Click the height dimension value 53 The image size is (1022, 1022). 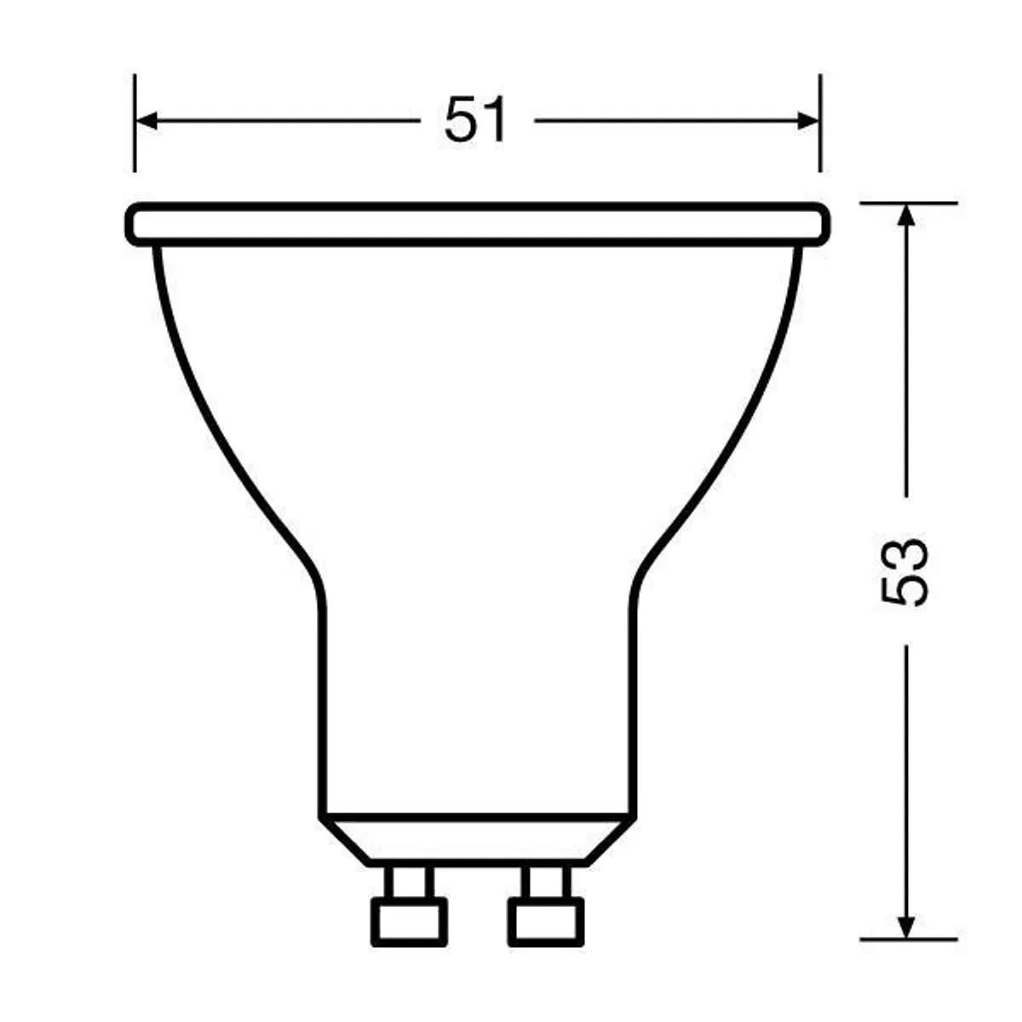[x=904, y=571]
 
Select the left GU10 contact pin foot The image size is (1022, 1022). [x=410, y=920]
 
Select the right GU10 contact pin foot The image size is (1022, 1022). [x=546, y=920]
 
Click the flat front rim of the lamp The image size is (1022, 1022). [x=477, y=224]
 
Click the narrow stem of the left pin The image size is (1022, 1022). [x=410, y=881]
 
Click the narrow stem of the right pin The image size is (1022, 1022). [x=546, y=881]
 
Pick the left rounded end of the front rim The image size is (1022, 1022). [x=133, y=224]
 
